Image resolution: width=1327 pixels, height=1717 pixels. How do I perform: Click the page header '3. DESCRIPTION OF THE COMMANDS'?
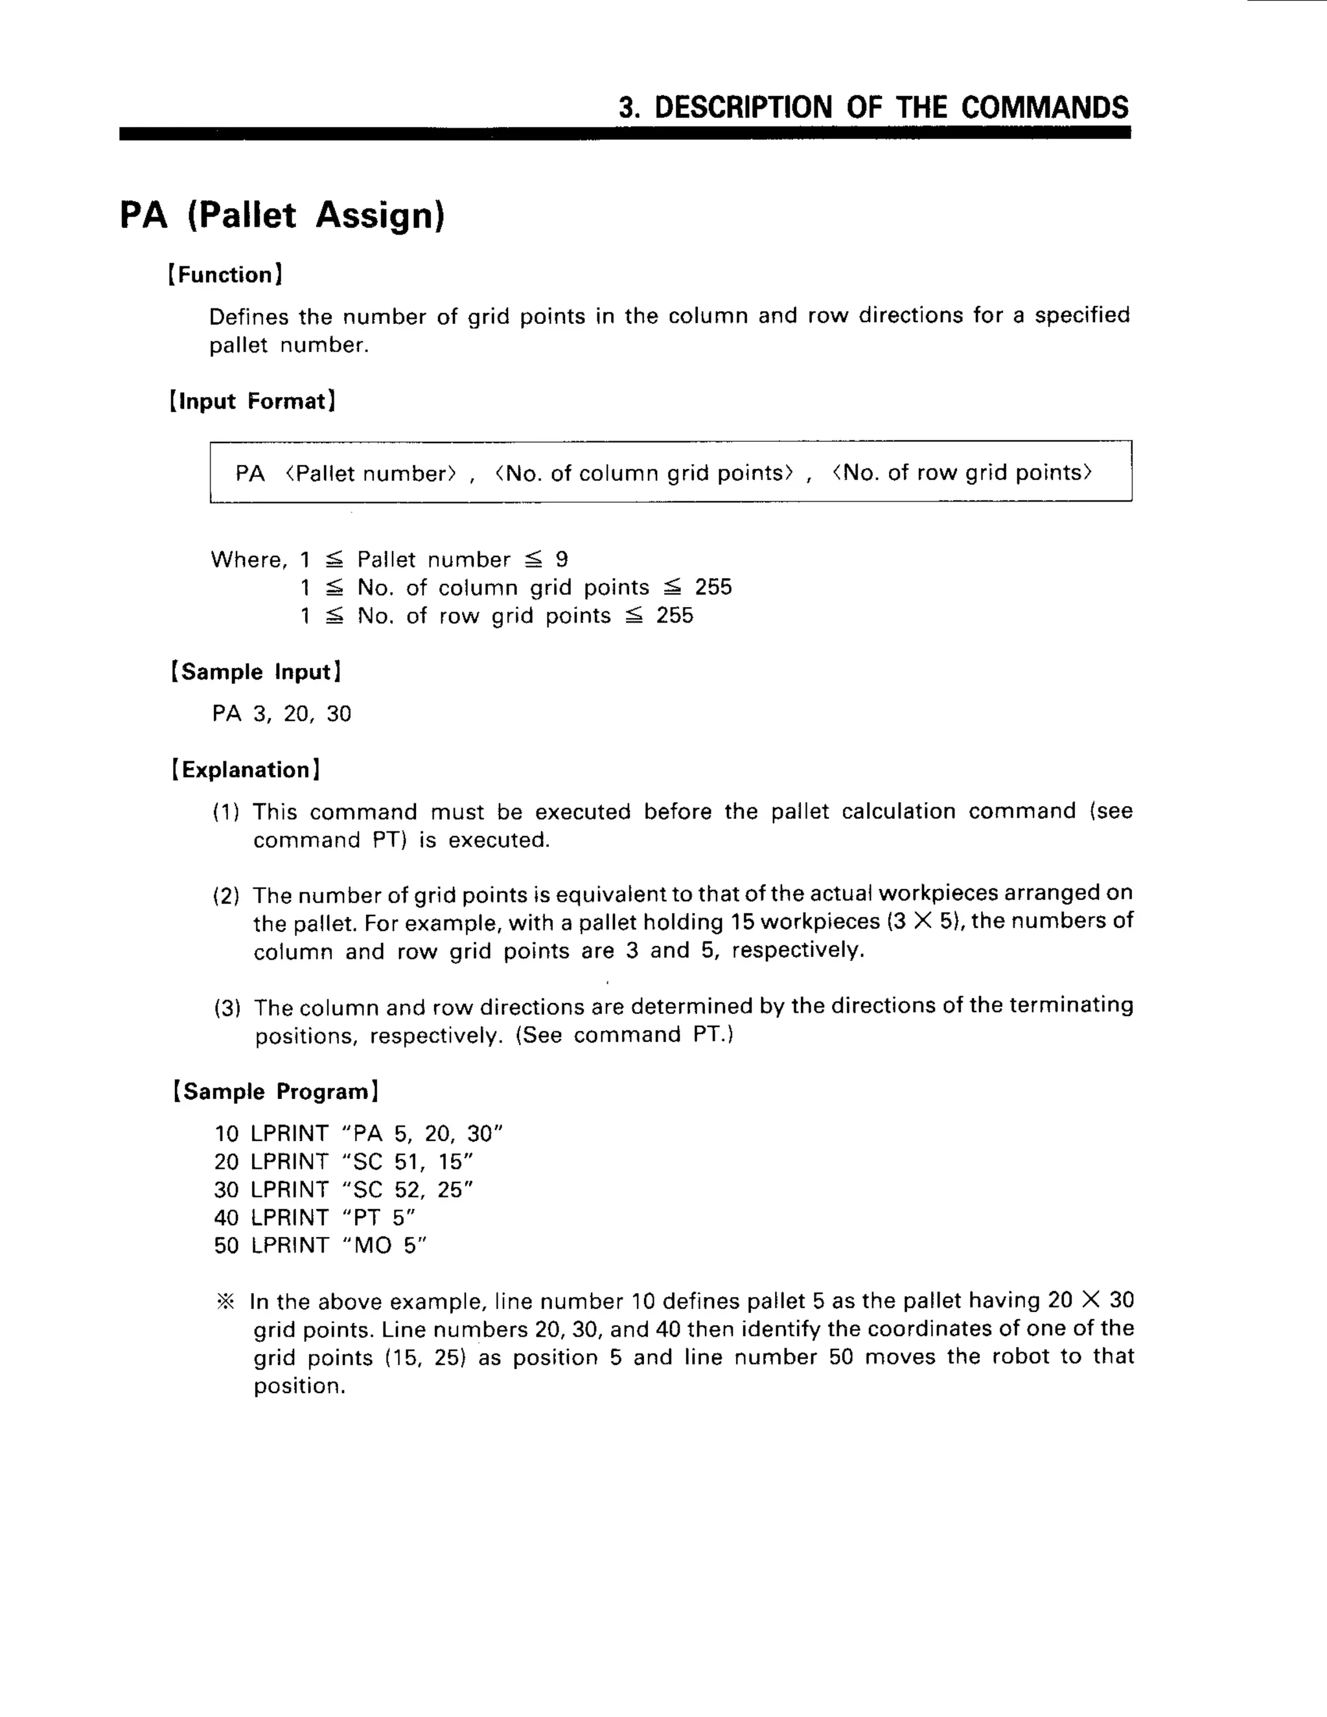(x=873, y=107)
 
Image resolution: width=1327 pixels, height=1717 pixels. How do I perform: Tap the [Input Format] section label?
(x=252, y=401)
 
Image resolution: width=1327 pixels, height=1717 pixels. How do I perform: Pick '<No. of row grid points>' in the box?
(x=962, y=472)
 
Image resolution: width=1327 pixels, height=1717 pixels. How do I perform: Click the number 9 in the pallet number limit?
(x=561, y=559)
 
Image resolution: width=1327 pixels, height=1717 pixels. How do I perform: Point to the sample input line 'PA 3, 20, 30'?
(x=281, y=714)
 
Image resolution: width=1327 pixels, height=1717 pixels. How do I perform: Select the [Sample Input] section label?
(x=255, y=671)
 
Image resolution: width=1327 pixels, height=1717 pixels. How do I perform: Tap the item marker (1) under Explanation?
(x=226, y=812)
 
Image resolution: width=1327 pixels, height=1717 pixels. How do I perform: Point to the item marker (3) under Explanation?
(x=227, y=1008)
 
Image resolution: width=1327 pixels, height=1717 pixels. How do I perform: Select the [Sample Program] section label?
(x=276, y=1091)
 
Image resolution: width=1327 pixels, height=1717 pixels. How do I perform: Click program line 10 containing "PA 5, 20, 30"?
(x=358, y=1134)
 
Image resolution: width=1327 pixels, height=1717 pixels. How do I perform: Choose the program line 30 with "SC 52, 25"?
(x=343, y=1190)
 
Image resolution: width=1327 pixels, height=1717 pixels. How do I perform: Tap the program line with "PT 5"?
(x=314, y=1218)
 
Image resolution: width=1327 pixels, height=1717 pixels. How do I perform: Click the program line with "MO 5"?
(x=320, y=1245)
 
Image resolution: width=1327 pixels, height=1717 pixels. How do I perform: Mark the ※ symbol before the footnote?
(x=225, y=1302)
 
